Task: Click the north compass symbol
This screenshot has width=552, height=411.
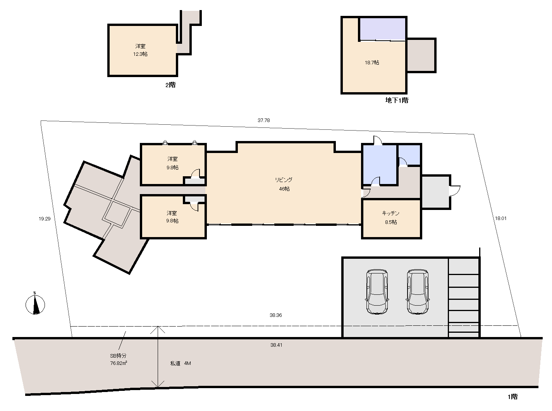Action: pyautogui.click(x=35, y=304)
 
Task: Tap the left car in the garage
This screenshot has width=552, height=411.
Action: pyautogui.click(x=377, y=292)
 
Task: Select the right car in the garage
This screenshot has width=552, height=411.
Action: pyautogui.click(x=418, y=292)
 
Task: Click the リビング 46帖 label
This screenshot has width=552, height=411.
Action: pyautogui.click(x=284, y=184)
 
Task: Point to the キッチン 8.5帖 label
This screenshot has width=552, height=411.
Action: pyautogui.click(x=391, y=218)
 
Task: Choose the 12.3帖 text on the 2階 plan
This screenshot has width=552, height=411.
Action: pyautogui.click(x=140, y=54)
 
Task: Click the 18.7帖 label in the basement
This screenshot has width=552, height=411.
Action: pyautogui.click(x=372, y=63)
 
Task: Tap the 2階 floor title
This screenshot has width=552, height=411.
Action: pyautogui.click(x=170, y=85)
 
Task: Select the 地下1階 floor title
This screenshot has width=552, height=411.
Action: pyautogui.click(x=397, y=100)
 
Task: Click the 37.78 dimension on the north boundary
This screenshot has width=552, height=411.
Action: pyautogui.click(x=264, y=120)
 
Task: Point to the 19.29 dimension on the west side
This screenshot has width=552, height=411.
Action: pyautogui.click(x=45, y=218)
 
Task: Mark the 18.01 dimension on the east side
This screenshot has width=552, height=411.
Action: pyautogui.click(x=501, y=218)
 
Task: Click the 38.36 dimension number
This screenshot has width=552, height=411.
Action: pyautogui.click(x=276, y=315)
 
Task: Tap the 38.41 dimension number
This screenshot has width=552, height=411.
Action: pyautogui.click(x=276, y=345)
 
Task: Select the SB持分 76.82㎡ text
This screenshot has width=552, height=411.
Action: pyautogui.click(x=119, y=359)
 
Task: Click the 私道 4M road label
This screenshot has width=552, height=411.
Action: pyautogui.click(x=181, y=363)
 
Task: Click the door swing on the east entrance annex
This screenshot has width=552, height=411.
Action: pyautogui.click(x=455, y=191)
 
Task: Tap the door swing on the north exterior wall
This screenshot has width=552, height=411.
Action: pyautogui.click(x=378, y=140)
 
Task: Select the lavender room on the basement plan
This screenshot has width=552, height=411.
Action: pyautogui.click(x=382, y=29)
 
